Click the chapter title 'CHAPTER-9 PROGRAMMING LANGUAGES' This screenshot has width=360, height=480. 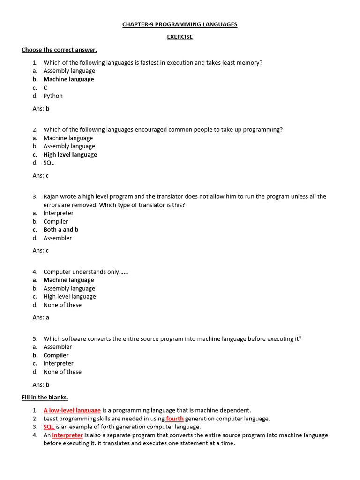[180, 24]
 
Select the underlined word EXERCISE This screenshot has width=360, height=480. [180, 37]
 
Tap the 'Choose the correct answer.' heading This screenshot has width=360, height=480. [59, 50]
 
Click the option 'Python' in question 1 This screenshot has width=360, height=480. [53, 96]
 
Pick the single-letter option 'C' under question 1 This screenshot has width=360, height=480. [45, 88]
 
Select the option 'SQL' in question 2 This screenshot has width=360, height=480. [49, 163]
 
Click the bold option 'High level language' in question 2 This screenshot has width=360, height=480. [70, 155]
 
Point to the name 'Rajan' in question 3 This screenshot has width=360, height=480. [52, 196]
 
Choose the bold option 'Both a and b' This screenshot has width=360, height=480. [61, 230]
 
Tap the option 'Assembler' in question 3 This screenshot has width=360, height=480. [58, 238]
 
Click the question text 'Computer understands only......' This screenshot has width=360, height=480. [86, 272]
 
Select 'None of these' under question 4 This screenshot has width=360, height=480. [62, 305]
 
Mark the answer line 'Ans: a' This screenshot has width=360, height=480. [41, 317]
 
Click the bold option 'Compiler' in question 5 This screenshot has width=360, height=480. [56, 355]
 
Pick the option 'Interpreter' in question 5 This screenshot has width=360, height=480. [59, 363]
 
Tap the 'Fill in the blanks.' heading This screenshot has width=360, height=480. [45, 397]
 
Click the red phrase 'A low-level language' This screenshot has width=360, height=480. [72, 410]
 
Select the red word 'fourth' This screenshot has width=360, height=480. [175, 419]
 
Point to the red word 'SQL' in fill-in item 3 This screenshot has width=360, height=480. [49, 427]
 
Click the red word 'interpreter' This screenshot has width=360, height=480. [67, 435]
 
